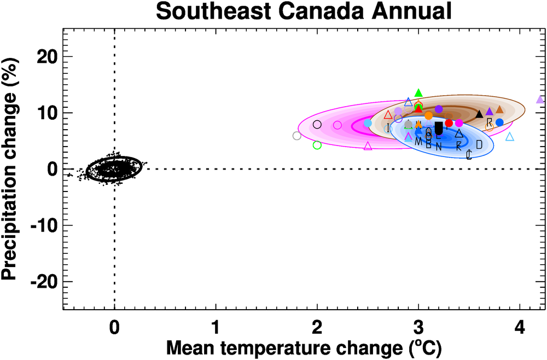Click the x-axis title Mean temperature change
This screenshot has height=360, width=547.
[x=304, y=347]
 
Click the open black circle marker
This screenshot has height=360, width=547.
[x=317, y=125]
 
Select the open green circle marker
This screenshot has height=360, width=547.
[x=317, y=145]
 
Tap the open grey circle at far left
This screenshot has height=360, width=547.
[x=297, y=136]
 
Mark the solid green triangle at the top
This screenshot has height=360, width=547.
[x=419, y=93]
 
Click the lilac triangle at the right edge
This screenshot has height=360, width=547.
[x=540, y=100]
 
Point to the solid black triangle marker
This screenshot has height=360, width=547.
[x=480, y=114]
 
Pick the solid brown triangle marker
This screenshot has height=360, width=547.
[x=499, y=109]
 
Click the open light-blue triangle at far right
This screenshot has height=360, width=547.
[x=510, y=137]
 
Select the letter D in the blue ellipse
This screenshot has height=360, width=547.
[x=479, y=144]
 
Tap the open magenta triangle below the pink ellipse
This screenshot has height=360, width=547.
[x=368, y=146]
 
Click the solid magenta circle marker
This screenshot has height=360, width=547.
[x=459, y=123]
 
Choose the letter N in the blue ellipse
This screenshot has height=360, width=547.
[x=439, y=147]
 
